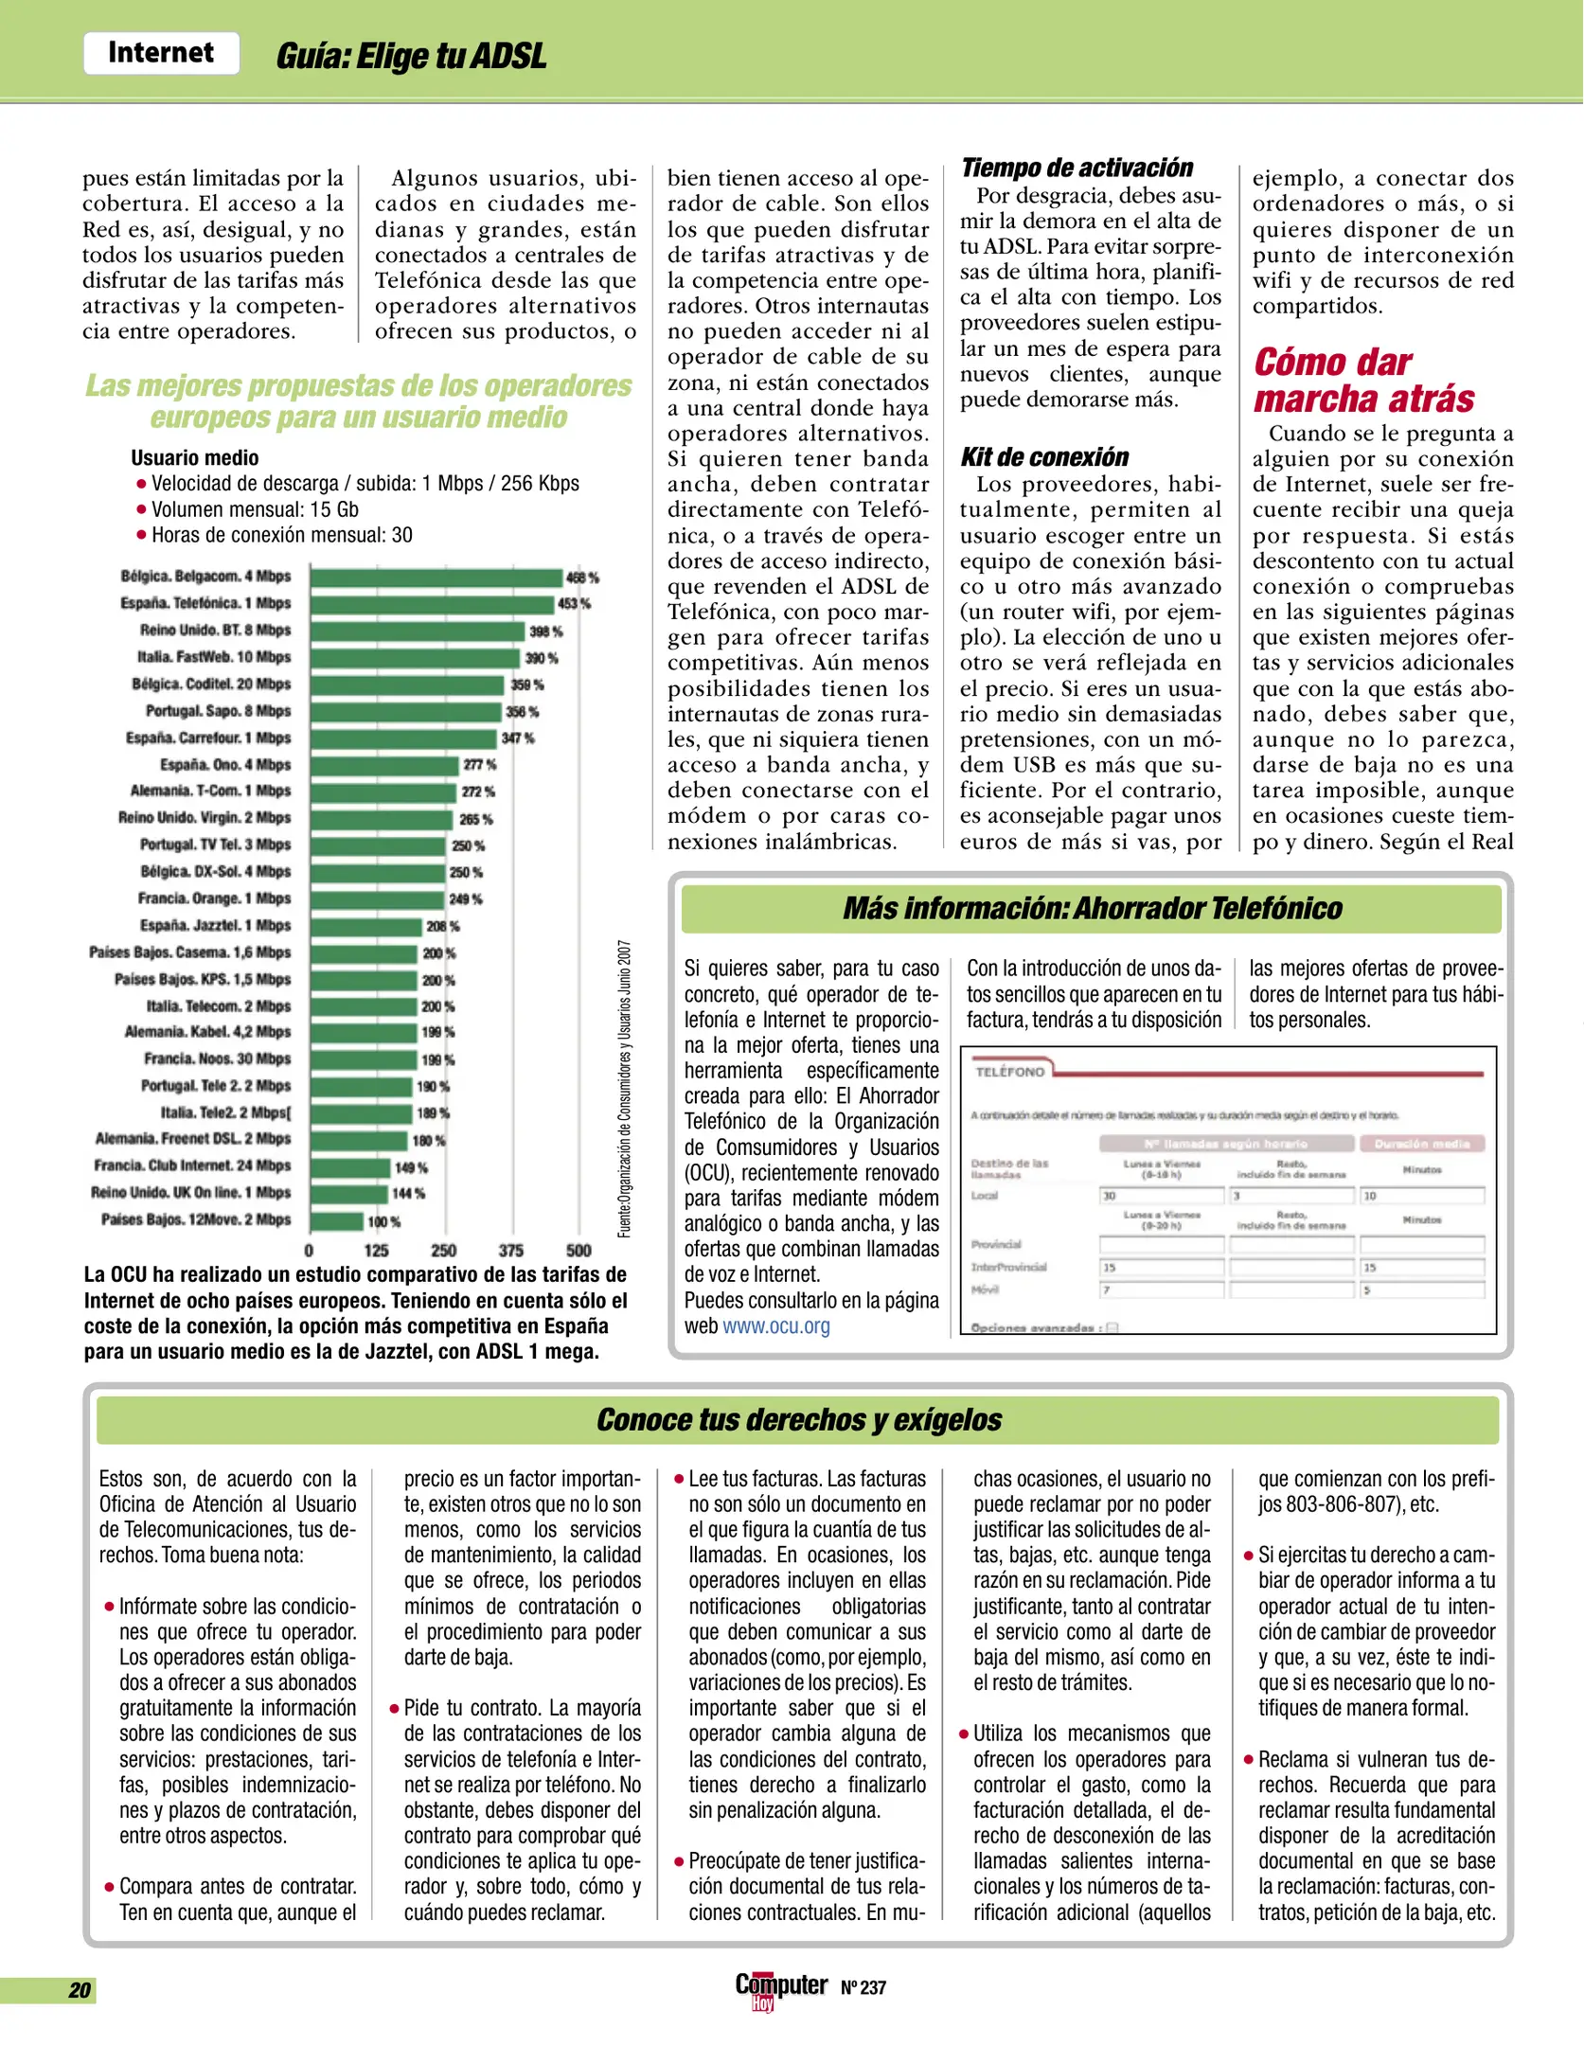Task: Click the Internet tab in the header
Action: point(161,53)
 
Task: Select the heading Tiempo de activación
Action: point(1077,168)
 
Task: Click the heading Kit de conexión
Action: point(1044,457)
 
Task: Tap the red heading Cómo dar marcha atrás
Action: point(1363,381)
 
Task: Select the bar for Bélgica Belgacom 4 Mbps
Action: point(436,577)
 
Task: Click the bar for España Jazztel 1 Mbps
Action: point(365,926)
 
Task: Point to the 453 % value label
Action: point(574,604)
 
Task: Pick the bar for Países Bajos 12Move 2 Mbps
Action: point(336,1220)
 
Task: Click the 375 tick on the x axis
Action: point(511,1250)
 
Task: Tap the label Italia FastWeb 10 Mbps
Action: point(214,657)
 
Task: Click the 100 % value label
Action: point(384,1222)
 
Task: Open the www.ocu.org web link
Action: point(776,1325)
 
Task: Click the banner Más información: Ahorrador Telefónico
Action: point(1092,909)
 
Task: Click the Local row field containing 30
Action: point(1161,1196)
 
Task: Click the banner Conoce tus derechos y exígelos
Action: point(798,1420)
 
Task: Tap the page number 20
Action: point(80,1990)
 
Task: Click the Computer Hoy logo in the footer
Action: point(780,1987)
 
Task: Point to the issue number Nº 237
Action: point(863,1988)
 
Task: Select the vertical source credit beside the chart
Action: point(625,1089)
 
